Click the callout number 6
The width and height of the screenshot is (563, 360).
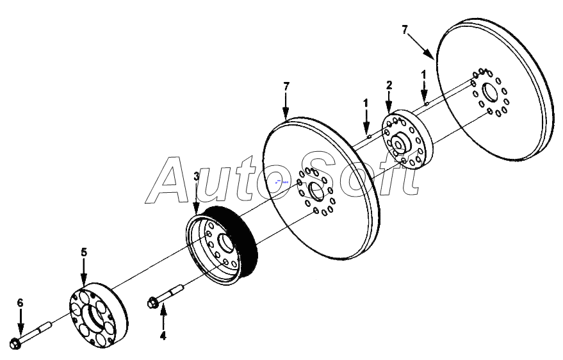[x=20, y=302]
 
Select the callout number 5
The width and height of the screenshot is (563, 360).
[x=84, y=252]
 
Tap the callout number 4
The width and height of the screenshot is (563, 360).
[x=163, y=335]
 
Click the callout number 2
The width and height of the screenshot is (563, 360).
[x=388, y=85]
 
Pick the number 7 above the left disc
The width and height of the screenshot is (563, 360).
[x=286, y=86]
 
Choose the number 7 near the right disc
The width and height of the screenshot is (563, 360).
[x=405, y=29]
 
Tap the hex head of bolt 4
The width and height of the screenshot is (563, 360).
[x=153, y=302]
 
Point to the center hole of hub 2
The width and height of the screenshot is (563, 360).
[x=398, y=144]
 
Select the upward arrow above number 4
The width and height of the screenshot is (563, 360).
[x=163, y=316]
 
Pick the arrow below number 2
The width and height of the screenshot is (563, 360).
[x=388, y=102]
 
